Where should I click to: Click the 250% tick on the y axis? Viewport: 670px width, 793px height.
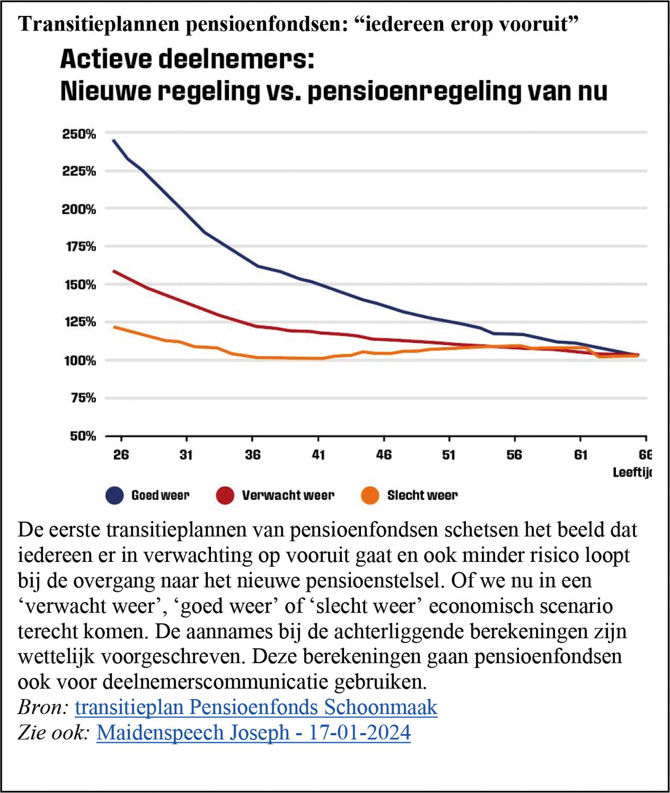pos(79,134)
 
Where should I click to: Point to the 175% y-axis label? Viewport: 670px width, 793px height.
pos(79,247)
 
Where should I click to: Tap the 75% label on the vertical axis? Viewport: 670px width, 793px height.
pos(83,398)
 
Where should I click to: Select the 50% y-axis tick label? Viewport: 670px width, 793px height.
pos(83,436)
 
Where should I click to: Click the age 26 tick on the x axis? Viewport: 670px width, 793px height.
pos(121,455)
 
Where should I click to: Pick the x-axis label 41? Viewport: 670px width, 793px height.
pos(318,455)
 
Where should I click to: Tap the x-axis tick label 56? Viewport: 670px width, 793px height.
pos(514,455)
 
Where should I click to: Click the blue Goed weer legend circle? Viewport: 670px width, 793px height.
pos(115,495)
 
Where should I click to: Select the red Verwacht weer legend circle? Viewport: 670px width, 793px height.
pos(225,495)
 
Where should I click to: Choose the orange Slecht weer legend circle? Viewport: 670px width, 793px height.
pos(370,495)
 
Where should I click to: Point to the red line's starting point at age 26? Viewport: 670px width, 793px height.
pos(114,271)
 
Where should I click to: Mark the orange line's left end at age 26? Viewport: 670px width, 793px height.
pos(115,327)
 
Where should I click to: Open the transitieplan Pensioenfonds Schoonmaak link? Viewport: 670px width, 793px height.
pos(256,707)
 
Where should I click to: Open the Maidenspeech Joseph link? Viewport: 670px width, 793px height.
pos(253,732)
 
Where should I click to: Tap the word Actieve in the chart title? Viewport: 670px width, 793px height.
pos(106,59)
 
